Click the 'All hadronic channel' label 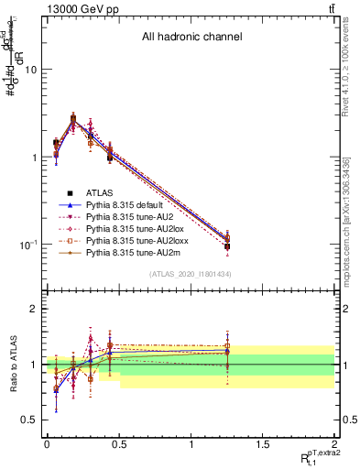point(191,38)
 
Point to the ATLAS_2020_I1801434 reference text point(190,275)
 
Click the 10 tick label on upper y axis point(31,70)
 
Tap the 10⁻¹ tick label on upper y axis point(27,245)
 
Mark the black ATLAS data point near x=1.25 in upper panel point(226,245)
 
